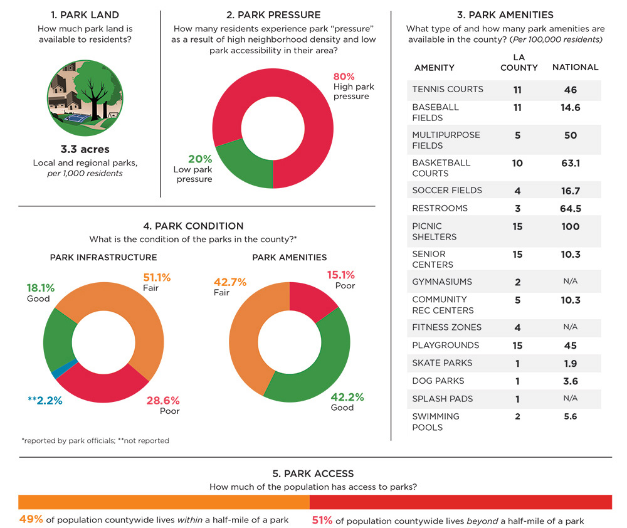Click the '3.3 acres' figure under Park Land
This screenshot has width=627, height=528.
(x=85, y=149)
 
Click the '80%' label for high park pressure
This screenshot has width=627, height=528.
(x=344, y=77)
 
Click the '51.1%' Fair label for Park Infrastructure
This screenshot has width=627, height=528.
(x=157, y=277)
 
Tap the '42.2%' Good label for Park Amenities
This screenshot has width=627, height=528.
(x=347, y=397)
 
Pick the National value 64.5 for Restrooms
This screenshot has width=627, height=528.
(x=570, y=208)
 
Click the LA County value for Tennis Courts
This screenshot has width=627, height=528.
(x=517, y=90)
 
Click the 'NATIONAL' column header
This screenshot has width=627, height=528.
(x=575, y=67)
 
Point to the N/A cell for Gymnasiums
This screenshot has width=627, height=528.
(x=570, y=282)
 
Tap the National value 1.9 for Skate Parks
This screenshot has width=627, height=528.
(x=570, y=363)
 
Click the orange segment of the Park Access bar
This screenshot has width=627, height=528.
(x=163, y=502)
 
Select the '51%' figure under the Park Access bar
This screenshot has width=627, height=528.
(x=322, y=520)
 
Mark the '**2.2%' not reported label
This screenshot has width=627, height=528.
(x=45, y=401)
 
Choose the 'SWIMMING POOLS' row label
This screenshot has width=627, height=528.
(x=436, y=421)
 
